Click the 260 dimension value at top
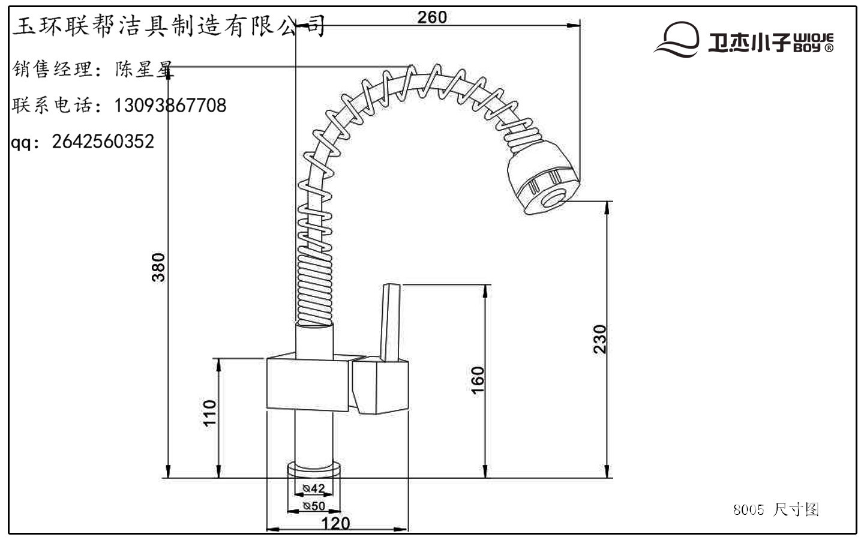(x=432, y=17)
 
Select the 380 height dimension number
(x=158, y=268)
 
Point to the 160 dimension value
(x=478, y=380)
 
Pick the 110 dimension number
(x=209, y=413)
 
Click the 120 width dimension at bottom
(x=335, y=523)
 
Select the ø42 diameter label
(x=314, y=488)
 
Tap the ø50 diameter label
(x=314, y=506)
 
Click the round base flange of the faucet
(x=314, y=469)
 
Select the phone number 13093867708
(x=170, y=106)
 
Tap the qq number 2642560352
(x=103, y=142)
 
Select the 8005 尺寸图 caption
(x=776, y=510)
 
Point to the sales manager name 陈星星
(x=144, y=70)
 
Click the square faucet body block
(x=307, y=384)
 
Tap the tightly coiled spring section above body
(x=314, y=288)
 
